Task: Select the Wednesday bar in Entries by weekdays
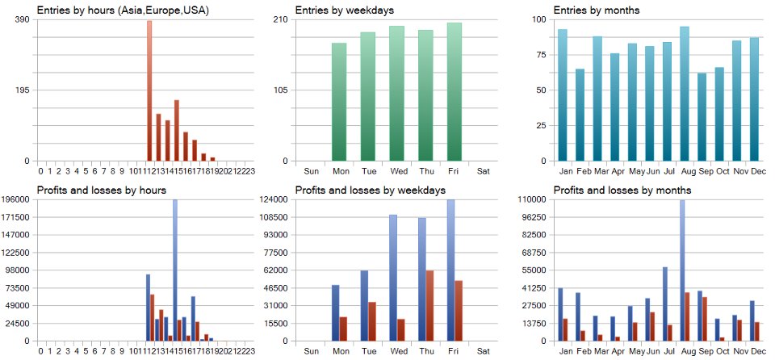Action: tap(396, 94)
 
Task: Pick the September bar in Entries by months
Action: tap(702, 117)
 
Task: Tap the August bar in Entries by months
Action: tap(685, 94)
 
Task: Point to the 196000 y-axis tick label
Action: tap(16, 199)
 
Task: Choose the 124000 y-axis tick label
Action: tap(274, 199)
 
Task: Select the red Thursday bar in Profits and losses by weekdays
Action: tap(429, 306)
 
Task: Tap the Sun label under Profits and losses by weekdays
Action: tap(312, 352)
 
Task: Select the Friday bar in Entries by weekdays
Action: tap(455, 92)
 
